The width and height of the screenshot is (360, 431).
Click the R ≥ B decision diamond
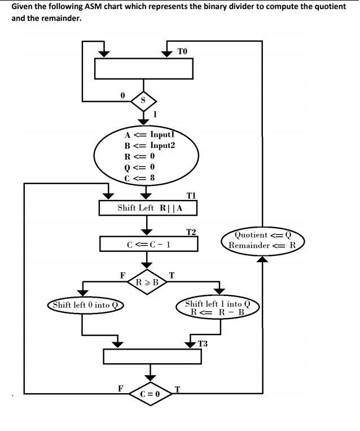coord(147,281)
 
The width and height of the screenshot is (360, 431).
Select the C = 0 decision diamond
coord(150,393)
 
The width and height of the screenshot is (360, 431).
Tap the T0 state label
coord(182,51)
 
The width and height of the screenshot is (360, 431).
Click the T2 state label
coord(191,232)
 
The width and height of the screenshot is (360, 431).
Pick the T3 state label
coord(203,343)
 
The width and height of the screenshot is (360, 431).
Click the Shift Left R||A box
coord(148,208)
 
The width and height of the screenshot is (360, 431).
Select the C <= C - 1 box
coord(149,245)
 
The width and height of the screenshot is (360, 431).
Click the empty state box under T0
coord(144,68)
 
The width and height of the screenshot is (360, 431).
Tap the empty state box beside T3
coord(150,356)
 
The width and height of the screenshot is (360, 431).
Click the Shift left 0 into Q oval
coord(85,305)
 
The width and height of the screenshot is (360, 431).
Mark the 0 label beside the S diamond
coord(121,97)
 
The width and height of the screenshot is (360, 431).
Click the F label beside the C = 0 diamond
coord(120,388)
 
